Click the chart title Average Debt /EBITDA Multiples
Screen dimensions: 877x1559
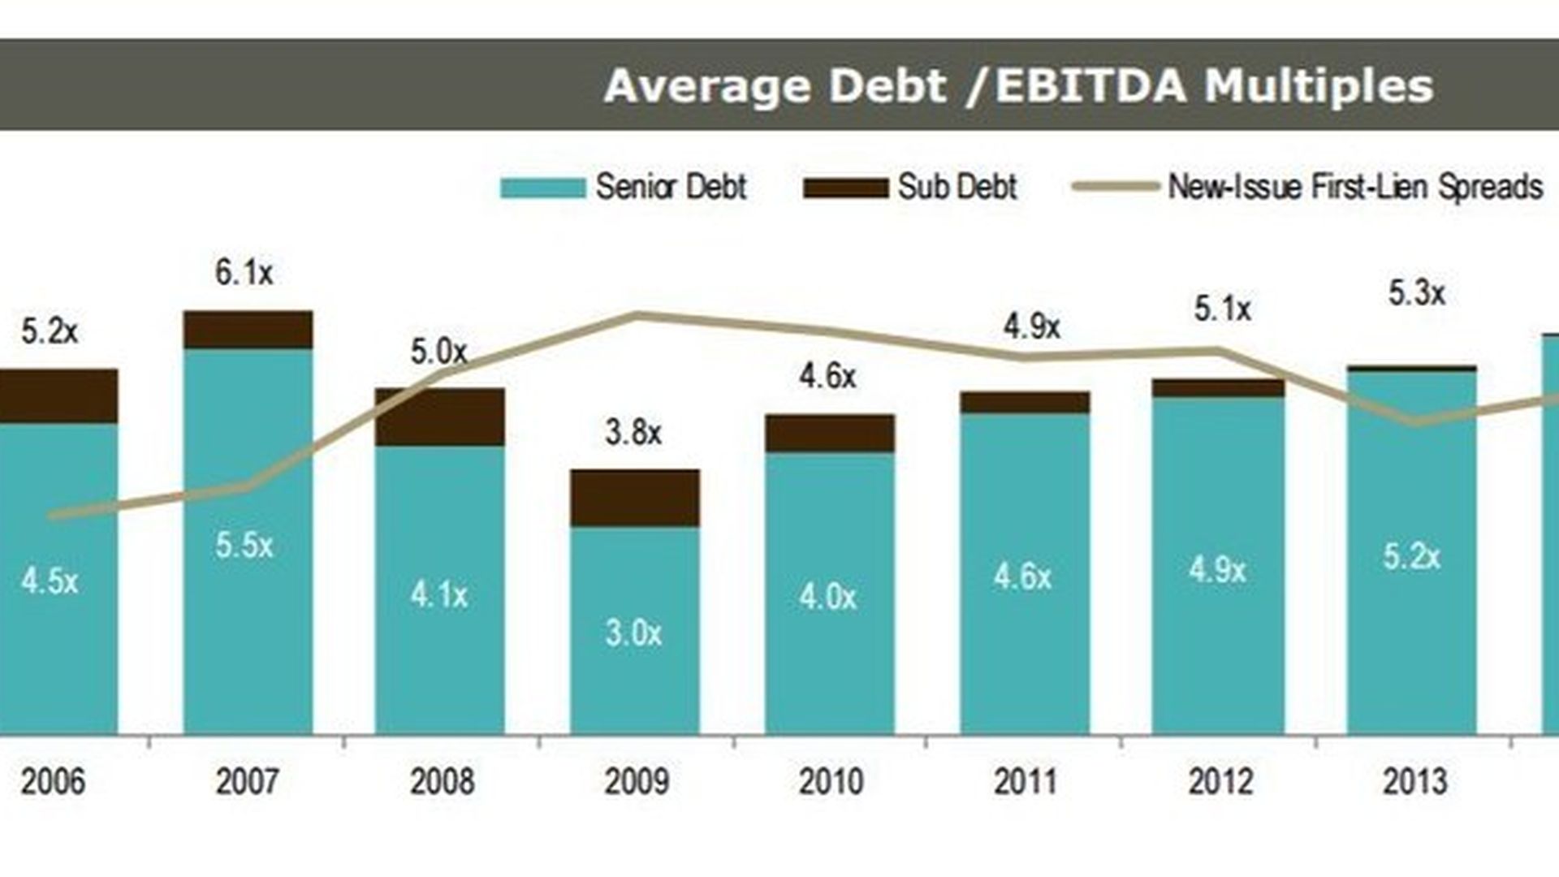coord(1018,85)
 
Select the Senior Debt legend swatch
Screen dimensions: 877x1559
coord(542,188)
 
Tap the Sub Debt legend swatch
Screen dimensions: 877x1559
coord(845,188)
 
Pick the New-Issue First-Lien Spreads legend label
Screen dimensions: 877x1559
coord(1354,187)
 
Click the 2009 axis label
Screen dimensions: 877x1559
coord(636,781)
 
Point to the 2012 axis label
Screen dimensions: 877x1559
coord(1220,781)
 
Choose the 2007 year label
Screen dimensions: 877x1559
coord(247,781)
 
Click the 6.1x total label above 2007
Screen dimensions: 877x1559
coord(244,273)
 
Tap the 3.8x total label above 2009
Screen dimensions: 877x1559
coord(633,432)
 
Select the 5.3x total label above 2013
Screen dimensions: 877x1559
coord(1417,293)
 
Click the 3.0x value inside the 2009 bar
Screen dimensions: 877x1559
coord(633,633)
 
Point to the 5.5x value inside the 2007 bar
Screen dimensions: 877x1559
coord(244,545)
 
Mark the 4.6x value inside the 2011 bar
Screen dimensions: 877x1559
coord(1022,577)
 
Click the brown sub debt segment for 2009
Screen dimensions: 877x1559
coord(635,498)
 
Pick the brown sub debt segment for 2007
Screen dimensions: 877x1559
coord(248,330)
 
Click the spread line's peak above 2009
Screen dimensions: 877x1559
coord(637,315)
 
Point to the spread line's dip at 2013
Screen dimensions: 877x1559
coord(1417,422)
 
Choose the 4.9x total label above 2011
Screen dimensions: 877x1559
coord(1031,327)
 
